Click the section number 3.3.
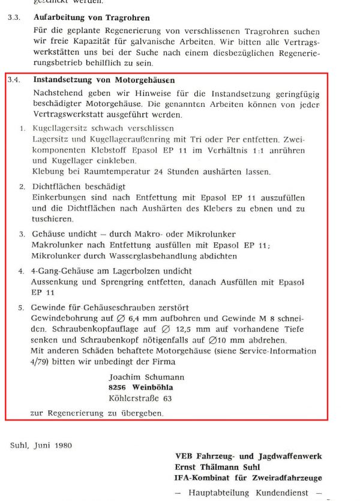point(13,18)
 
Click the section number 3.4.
point(14,79)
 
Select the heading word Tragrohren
point(127,18)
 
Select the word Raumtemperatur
point(131,172)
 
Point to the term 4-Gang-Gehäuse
point(62,271)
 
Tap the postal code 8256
point(119,387)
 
